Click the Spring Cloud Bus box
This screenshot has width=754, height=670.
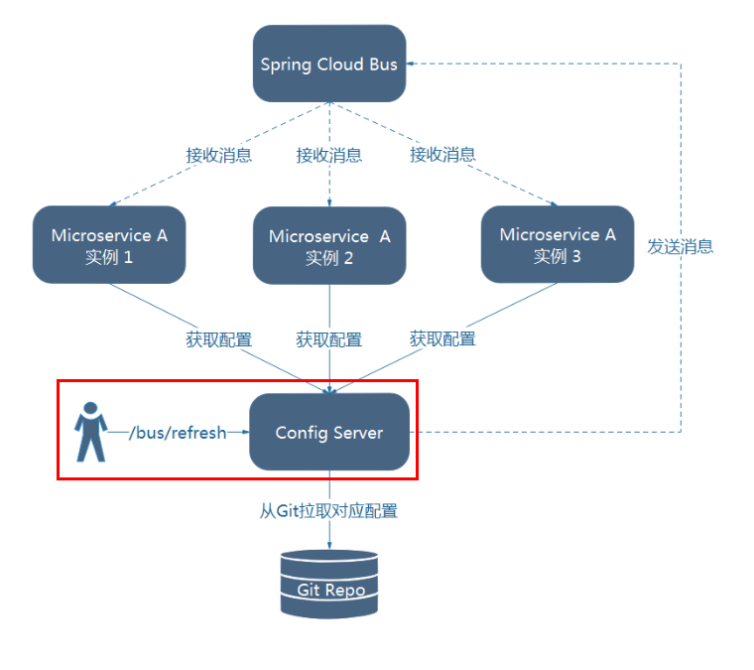329,65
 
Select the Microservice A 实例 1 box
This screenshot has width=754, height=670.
109,245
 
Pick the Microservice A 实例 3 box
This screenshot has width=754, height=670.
558,244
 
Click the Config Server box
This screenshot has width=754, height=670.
329,433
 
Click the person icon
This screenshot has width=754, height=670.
90,432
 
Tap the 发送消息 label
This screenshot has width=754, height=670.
681,246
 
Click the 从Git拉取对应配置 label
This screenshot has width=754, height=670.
329,511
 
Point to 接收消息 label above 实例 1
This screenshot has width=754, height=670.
218,155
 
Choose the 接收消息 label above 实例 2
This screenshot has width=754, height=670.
329,155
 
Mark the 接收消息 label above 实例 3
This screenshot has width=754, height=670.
442,155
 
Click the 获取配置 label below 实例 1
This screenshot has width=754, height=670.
218,339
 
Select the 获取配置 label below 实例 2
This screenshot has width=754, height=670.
329,339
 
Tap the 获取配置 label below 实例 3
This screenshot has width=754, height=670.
442,339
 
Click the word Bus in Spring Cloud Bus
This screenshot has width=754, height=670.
383,65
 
